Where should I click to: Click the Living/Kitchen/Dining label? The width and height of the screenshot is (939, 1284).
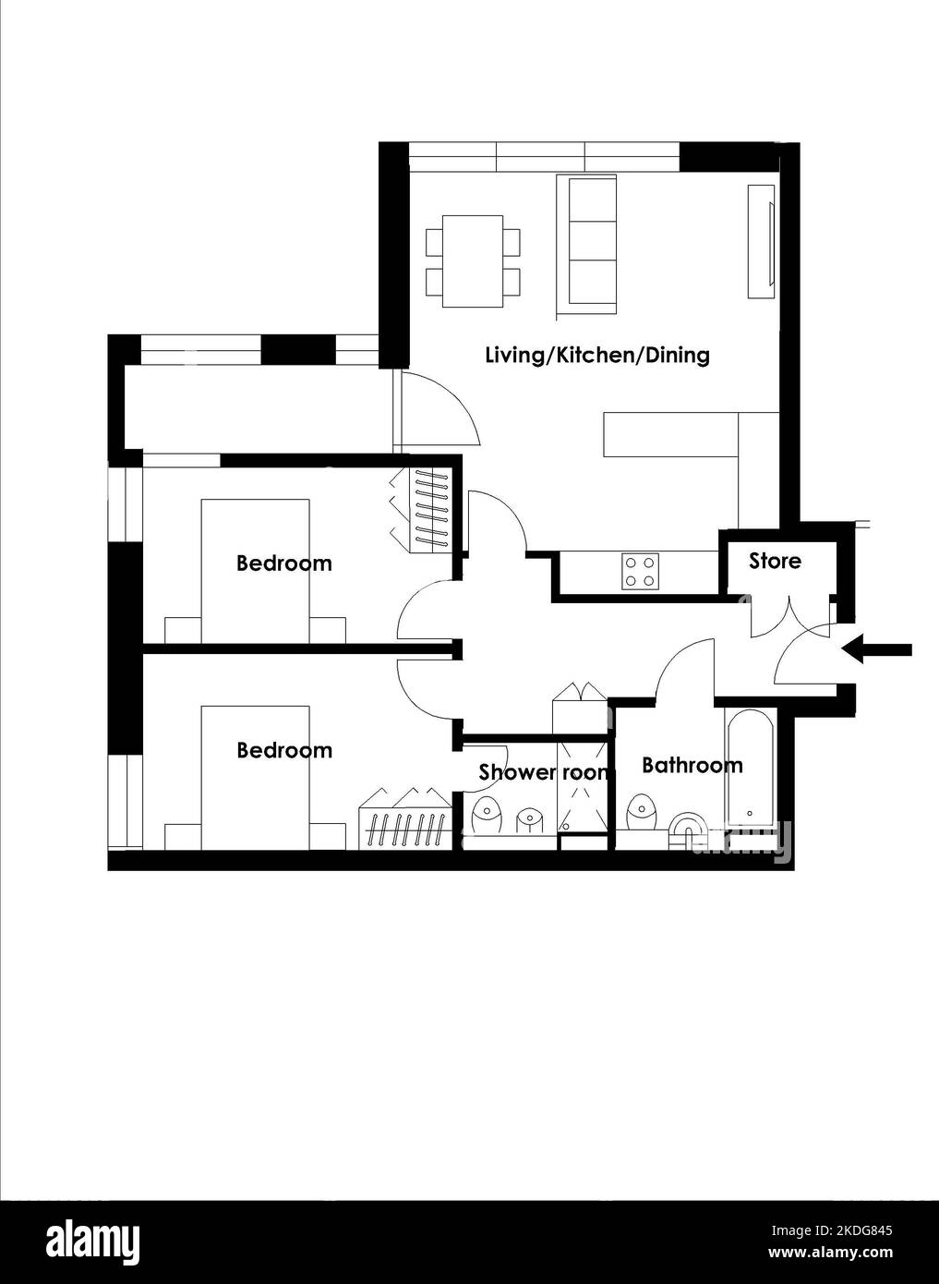[597, 356]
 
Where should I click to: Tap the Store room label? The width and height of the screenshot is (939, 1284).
[775, 561]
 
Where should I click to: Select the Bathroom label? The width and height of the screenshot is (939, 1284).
[692, 765]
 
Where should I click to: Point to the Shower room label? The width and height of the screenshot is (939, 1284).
[543, 772]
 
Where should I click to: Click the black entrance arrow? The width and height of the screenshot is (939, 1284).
[876, 649]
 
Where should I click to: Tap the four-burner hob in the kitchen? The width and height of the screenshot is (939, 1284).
[641, 572]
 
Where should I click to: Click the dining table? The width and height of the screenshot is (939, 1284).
[473, 261]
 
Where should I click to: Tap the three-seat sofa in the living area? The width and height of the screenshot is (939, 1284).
[586, 247]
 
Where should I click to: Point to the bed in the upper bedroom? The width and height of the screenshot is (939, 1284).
[255, 571]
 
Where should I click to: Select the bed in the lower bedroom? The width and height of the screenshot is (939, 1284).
[255, 778]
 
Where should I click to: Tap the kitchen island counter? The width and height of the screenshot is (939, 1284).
[670, 434]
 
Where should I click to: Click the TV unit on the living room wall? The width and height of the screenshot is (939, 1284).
[762, 241]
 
